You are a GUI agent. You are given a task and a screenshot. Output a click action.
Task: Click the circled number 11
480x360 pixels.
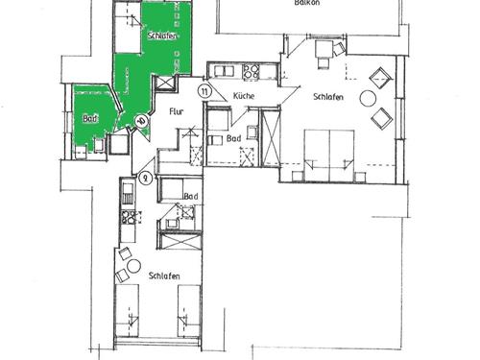point(204,92)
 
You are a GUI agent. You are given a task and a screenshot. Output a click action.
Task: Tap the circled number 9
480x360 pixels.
point(146,179)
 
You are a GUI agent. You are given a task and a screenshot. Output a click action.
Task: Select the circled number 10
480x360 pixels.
point(141,121)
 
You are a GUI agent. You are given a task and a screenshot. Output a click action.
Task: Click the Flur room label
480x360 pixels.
point(177,111)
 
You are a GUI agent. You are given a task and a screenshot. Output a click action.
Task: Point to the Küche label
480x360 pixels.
point(244,96)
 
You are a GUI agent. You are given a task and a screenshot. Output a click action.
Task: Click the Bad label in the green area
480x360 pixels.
point(90,119)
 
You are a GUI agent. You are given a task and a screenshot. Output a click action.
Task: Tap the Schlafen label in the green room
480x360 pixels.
point(162,36)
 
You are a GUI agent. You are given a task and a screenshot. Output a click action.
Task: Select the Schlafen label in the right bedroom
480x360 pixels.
point(328,97)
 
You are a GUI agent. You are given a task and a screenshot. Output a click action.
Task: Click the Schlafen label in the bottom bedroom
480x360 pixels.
point(164,276)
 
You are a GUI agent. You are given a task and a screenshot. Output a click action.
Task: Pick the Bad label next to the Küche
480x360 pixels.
point(233,138)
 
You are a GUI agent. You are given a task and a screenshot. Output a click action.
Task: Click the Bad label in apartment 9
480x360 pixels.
point(191,196)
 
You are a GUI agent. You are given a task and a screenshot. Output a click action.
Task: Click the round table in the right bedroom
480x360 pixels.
point(368,99)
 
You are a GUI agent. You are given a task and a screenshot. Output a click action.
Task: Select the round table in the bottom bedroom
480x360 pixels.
point(133,266)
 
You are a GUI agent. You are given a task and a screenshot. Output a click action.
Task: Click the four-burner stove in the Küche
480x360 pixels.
point(251,71)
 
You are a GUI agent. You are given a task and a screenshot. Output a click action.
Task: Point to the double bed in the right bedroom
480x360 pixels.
point(329,156)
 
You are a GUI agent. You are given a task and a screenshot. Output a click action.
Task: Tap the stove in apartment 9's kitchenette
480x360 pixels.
point(128,217)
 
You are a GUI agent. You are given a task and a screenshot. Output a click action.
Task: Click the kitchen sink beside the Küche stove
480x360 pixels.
point(224,71)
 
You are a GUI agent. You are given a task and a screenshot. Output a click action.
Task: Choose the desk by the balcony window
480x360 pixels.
point(324,49)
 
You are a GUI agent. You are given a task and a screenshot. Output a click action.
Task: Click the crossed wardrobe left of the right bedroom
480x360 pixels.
point(271,137)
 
